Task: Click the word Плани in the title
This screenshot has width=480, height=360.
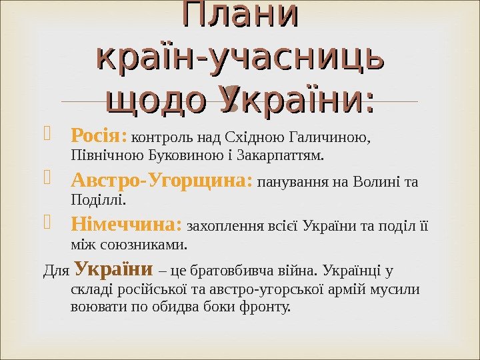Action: pos(241,17)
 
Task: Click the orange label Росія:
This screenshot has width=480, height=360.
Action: pos(99,137)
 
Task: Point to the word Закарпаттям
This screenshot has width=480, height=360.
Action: pos(289,156)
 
